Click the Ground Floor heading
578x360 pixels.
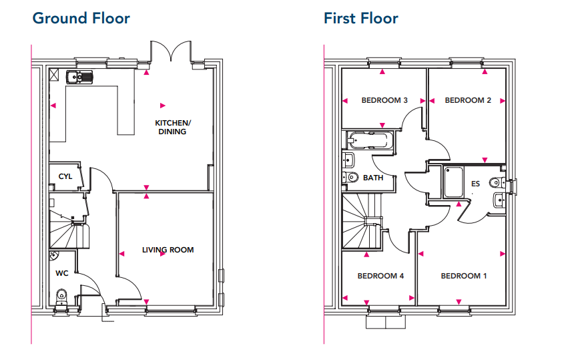[81, 19]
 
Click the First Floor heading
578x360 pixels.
[361, 19]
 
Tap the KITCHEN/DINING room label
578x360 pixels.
[172, 128]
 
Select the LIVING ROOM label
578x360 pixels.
[168, 250]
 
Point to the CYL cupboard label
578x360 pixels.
[65, 177]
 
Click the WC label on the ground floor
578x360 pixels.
[62, 273]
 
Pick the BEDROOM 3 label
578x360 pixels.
[384, 100]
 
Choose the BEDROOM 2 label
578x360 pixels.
[468, 100]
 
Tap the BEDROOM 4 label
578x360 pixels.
[380, 276]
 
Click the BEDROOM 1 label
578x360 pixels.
[464, 276]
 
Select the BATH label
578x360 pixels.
[373, 178]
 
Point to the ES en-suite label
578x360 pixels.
[475, 184]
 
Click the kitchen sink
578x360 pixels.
[79, 77]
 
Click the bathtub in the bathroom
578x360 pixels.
[369, 140]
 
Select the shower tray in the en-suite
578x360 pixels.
[453, 182]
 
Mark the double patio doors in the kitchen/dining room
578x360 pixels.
[171, 51]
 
